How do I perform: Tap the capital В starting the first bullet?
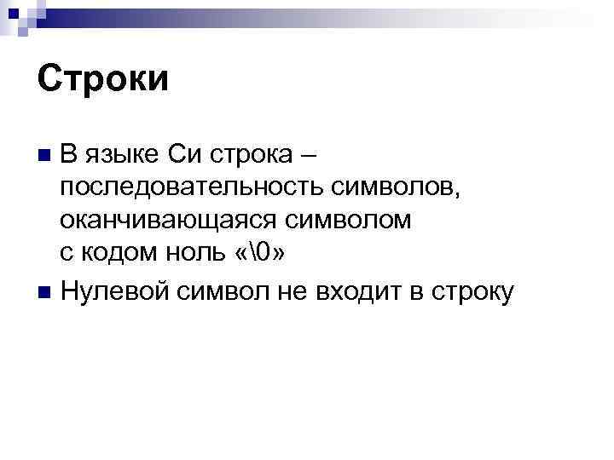tap(70, 155)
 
